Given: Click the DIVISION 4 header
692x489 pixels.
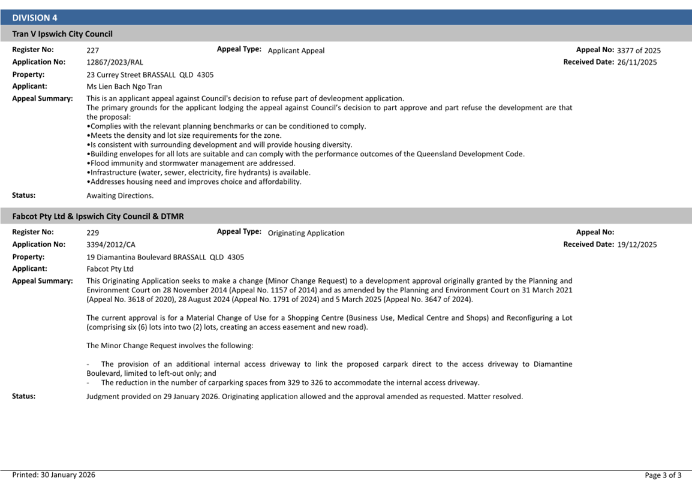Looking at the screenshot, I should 35,18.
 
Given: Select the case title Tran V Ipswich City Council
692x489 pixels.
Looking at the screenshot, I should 62,34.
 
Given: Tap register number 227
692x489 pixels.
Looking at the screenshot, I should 93,51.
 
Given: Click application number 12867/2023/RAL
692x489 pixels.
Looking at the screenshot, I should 115,62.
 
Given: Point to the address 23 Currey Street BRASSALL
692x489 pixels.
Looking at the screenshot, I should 150,75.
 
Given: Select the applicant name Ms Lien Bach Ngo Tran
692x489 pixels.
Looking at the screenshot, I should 124,87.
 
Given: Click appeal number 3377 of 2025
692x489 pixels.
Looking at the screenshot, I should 639,51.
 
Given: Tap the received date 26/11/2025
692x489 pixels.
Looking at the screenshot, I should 637,62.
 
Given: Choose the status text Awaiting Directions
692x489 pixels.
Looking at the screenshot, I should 120,195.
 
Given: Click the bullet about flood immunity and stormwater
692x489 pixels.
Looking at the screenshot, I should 191,163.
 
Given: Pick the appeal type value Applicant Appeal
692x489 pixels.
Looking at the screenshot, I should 296,51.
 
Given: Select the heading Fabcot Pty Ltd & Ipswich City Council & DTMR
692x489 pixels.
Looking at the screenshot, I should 98,216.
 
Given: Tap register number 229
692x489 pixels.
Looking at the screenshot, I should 93,233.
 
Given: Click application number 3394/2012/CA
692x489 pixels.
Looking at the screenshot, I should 111,244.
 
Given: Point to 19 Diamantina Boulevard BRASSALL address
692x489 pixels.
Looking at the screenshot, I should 165,257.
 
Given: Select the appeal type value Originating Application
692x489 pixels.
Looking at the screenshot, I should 306,233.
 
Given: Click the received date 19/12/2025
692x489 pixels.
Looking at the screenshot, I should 637,244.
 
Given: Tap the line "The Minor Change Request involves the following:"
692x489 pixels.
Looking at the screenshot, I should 170,346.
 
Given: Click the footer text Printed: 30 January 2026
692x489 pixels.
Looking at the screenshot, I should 54,475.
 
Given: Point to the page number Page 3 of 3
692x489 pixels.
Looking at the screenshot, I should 663,476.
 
